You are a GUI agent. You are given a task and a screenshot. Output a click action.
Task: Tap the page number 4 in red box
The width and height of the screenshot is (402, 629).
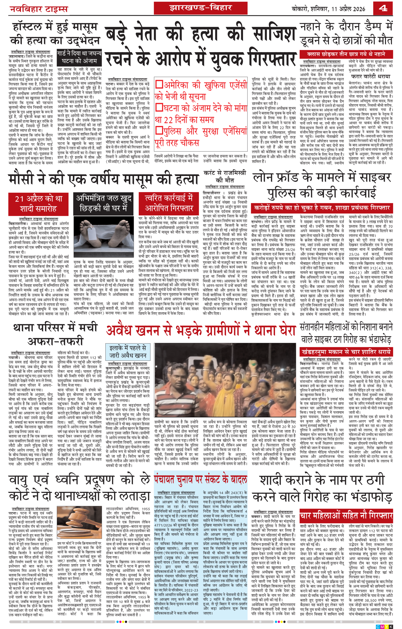click(383, 8)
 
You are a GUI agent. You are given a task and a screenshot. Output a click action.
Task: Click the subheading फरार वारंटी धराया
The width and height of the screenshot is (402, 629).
click(370, 76)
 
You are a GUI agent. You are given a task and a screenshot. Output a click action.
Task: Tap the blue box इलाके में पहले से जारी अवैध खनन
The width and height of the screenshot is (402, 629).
click(128, 352)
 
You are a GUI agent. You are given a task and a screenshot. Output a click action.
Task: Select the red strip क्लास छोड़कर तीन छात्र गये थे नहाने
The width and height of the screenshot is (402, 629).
click(346, 54)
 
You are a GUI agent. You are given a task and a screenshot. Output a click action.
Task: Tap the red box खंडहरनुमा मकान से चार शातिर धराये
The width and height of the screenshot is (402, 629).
click(346, 352)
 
